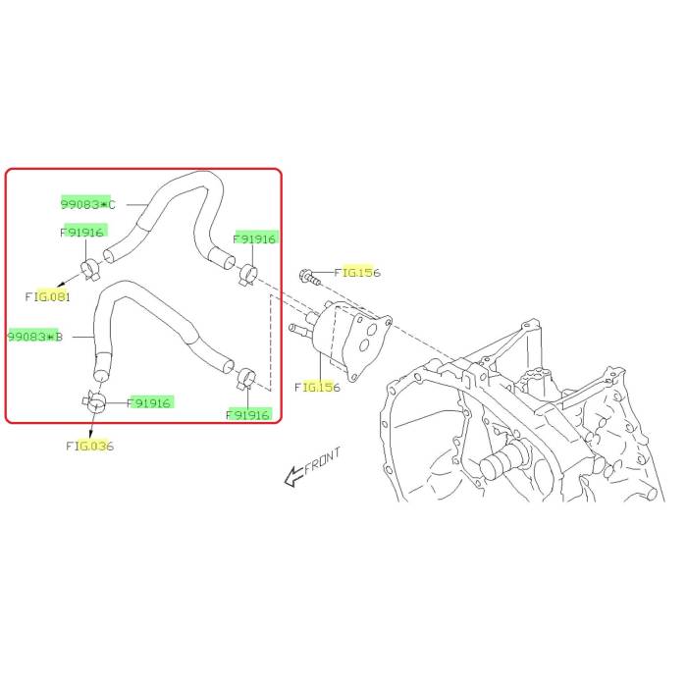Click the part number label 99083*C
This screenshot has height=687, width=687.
(87, 204)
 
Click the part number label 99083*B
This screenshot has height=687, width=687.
(35, 337)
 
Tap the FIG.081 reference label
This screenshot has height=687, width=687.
(48, 296)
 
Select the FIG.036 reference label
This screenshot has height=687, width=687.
(90, 446)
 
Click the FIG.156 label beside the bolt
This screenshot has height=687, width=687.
(357, 273)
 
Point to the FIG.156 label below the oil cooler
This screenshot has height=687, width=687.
(317, 387)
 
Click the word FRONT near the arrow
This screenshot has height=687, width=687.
(323, 460)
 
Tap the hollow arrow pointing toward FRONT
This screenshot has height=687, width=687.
(293, 476)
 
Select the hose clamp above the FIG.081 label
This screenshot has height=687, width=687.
(91, 270)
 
